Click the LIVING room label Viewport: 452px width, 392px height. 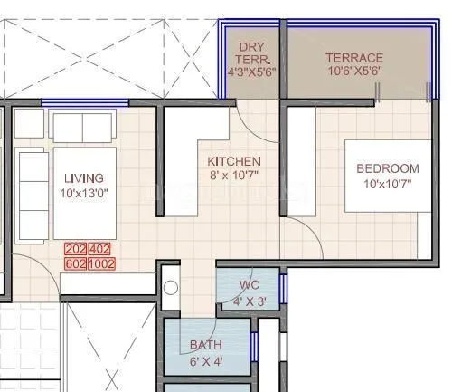click(x=84, y=178)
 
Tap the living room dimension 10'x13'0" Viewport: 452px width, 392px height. click(x=84, y=194)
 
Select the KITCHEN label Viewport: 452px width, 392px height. click(x=235, y=160)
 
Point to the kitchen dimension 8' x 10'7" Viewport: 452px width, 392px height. click(x=235, y=176)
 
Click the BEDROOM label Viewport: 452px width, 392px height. click(x=387, y=168)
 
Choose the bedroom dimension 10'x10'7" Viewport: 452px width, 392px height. click(x=387, y=185)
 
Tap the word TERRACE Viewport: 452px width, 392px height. click(x=354, y=58)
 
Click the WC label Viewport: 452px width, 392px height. click(x=249, y=285)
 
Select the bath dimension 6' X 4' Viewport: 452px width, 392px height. click(x=205, y=361)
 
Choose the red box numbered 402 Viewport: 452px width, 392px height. click(x=101, y=249)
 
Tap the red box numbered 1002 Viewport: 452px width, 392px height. click(x=102, y=263)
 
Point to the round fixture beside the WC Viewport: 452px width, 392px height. click(x=172, y=290)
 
